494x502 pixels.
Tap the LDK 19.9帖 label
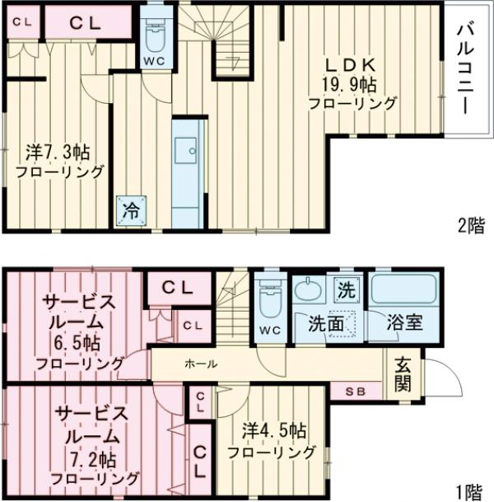click(351, 84)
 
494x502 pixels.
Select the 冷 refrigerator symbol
click(131, 209)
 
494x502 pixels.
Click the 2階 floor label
click(472, 226)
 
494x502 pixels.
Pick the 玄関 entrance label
click(403, 373)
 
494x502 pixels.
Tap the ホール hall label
click(201, 363)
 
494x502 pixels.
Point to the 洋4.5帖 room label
click(272, 441)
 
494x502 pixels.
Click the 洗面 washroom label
click(326, 323)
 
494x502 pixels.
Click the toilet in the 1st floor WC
click(270, 297)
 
